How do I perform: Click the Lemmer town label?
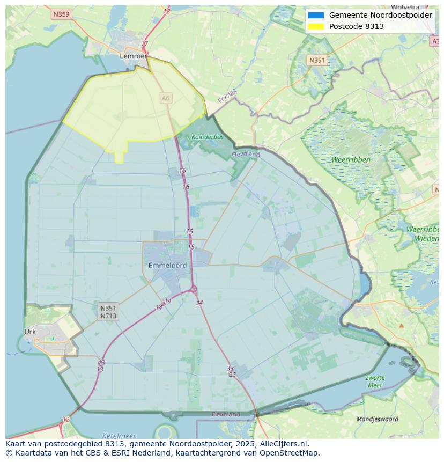pyautogui.click(x=133, y=56)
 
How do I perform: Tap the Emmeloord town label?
pyautogui.click(x=168, y=266)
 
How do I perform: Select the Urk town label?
pyautogui.click(x=30, y=332)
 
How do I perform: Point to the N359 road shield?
pyautogui.click(x=61, y=14)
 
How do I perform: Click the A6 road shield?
pyautogui.click(x=166, y=98)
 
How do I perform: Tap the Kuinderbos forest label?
pyautogui.click(x=208, y=137)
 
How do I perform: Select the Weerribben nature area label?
pyautogui.click(x=351, y=160)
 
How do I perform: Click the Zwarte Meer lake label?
pyautogui.click(x=375, y=382)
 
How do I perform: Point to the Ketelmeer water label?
pyautogui.click(x=119, y=436)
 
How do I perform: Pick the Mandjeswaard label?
pyautogui.click(x=378, y=419)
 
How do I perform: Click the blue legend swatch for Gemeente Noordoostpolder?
pyautogui.click(x=316, y=15)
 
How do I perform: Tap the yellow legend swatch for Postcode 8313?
pyautogui.click(x=316, y=26)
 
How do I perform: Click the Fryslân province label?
pyautogui.click(x=227, y=96)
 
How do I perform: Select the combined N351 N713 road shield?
pyautogui.click(x=108, y=312)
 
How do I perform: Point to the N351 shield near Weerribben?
pyautogui.click(x=317, y=60)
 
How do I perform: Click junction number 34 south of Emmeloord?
pyautogui.click(x=199, y=303)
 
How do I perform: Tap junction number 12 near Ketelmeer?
pyautogui.click(x=66, y=420)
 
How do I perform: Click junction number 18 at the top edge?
pyautogui.click(x=167, y=11)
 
